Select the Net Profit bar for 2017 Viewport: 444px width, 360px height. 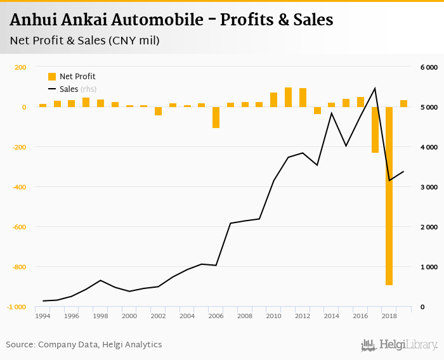375,129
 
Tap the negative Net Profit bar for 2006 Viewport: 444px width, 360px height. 216,117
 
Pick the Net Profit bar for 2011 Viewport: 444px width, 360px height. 288,97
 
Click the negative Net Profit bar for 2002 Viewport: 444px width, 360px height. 158,111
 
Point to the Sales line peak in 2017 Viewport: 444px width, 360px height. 375,88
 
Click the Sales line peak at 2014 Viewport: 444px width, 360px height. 332,113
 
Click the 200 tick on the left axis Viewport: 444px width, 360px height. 20,67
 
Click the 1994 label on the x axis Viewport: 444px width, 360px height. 42,316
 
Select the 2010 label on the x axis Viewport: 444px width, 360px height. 273,316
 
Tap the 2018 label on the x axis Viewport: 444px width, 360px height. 389,316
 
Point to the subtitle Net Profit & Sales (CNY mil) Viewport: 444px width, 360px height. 84,41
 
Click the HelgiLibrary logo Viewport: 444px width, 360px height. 399,345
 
